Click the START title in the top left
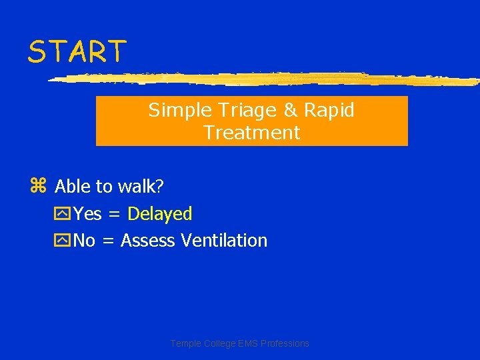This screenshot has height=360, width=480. pyautogui.click(x=77, y=52)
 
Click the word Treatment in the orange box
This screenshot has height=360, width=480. pyautogui.click(x=252, y=133)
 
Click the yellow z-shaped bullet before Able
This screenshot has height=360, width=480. pyautogui.click(x=38, y=186)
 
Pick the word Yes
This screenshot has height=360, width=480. pyautogui.click(x=87, y=214)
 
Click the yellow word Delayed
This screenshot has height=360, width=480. pyautogui.click(x=159, y=214)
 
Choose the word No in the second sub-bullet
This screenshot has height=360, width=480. pyautogui.click(x=84, y=241)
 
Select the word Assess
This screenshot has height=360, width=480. pyautogui.click(x=148, y=241)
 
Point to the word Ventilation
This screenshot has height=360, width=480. pyautogui.click(x=224, y=241)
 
